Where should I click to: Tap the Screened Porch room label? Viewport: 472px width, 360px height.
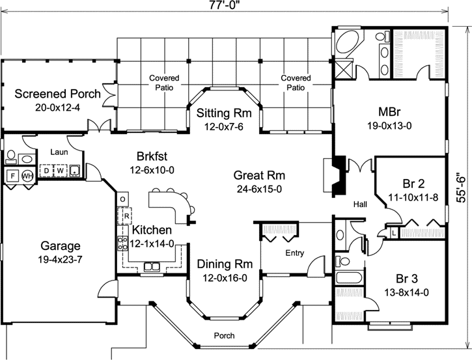click(x=58, y=93)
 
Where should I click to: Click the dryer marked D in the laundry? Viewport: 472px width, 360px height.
click(x=47, y=171)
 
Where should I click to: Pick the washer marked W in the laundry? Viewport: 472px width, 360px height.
click(x=60, y=171)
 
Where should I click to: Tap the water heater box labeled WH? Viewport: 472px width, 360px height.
click(x=27, y=176)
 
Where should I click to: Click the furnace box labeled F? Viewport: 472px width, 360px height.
click(x=12, y=176)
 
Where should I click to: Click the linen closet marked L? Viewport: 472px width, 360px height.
click(x=395, y=232)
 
